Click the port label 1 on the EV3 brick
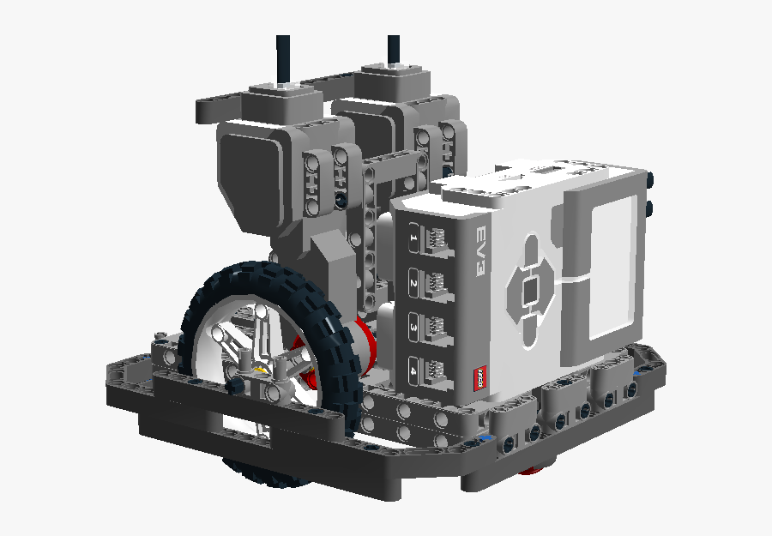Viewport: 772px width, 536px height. click(x=413, y=238)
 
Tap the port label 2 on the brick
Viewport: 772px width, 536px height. click(x=413, y=283)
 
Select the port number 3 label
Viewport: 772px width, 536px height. click(x=413, y=327)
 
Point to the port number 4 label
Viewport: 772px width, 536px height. click(x=413, y=370)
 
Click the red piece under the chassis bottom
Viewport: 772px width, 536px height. click(x=534, y=469)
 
